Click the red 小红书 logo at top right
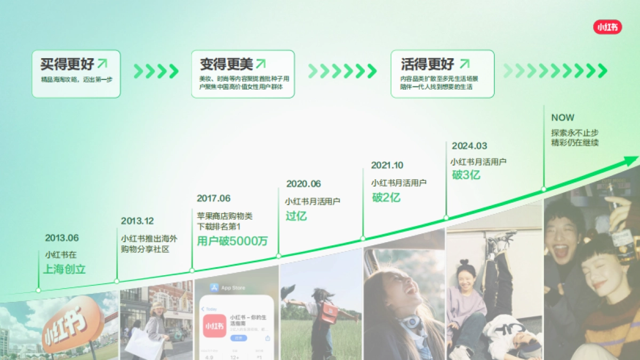[607, 27]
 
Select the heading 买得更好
[67, 65]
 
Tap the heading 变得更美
[226, 65]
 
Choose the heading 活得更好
[428, 65]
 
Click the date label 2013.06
[62, 238]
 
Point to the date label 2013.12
[137, 221]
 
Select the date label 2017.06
[213, 198]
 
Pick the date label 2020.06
[303, 184]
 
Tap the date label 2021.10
[387, 165]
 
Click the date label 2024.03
[469, 146]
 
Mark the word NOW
[563, 118]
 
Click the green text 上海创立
[65, 269]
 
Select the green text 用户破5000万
[233, 241]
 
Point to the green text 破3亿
[466, 175]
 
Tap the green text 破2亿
[386, 197]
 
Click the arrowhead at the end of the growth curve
[633, 159]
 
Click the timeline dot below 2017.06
[192, 270]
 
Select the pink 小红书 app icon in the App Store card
[214, 325]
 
